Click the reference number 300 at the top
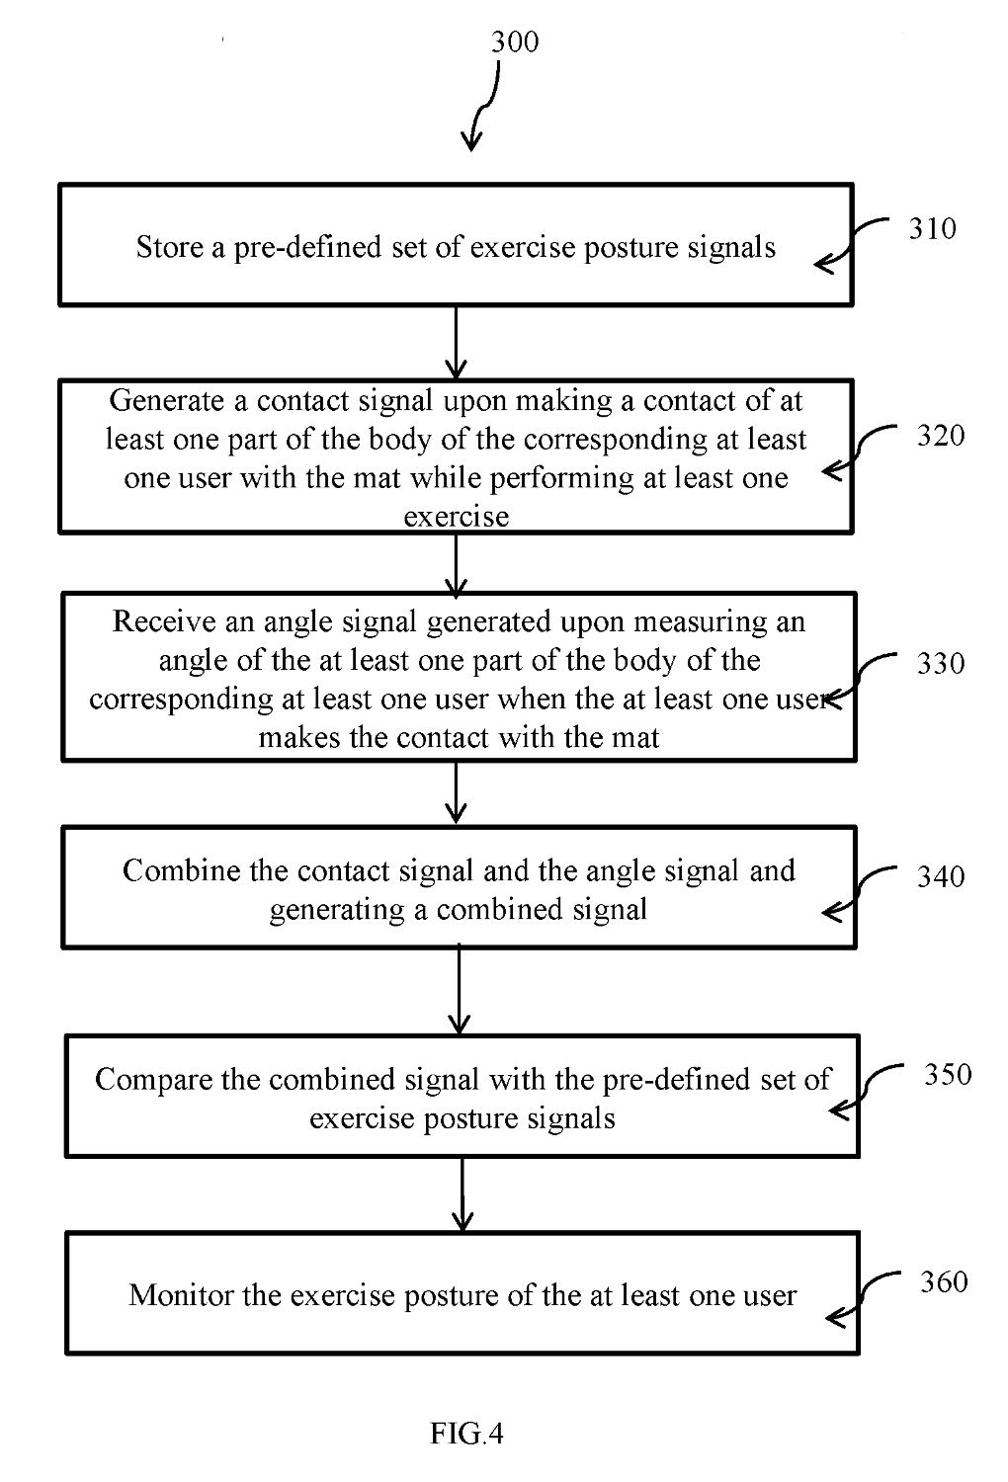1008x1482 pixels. [514, 41]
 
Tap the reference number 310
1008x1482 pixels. [932, 228]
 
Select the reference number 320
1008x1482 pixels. [941, 436]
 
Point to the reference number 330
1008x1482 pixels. [941, 663]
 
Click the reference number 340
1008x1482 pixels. [941, 876]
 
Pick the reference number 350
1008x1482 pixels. [948, 1075]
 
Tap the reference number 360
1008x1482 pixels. [944, 1282]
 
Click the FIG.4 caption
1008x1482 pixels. [466, 1434]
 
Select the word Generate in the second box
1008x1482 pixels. [167, 400]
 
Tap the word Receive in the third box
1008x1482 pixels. [163, 621]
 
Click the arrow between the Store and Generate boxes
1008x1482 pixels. [456, 342]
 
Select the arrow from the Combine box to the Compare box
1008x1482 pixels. [459, 991]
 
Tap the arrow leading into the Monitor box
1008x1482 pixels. [462, 1194]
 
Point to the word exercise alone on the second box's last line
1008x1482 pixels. [457, 517]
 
